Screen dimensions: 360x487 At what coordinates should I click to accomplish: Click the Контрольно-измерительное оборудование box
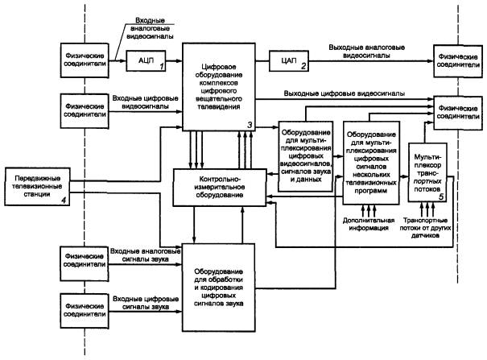220,188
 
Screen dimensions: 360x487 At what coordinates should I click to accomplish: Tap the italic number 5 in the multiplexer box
442,196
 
